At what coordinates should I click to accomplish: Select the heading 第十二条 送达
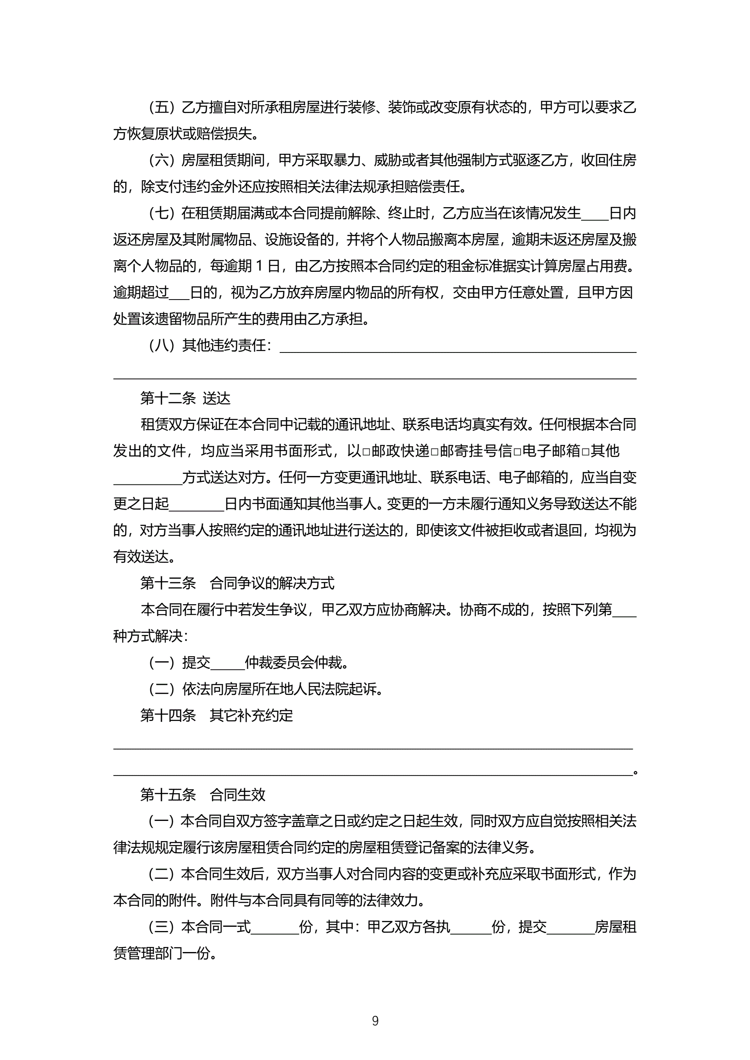[x=185, y=398]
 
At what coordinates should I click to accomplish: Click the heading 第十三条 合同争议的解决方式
[x=237, y=584]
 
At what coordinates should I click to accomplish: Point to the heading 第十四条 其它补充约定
[x=216, y=715]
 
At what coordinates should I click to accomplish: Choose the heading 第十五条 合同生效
[x=203, y=794]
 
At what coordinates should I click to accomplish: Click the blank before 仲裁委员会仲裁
[x=227, y=664]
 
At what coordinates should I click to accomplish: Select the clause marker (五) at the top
[x=162, y=108]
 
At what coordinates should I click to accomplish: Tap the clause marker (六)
[x=162, y=160]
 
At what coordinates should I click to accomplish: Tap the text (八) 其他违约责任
[x=210, y=345]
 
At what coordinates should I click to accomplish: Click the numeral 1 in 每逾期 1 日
[x=259, y=266]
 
